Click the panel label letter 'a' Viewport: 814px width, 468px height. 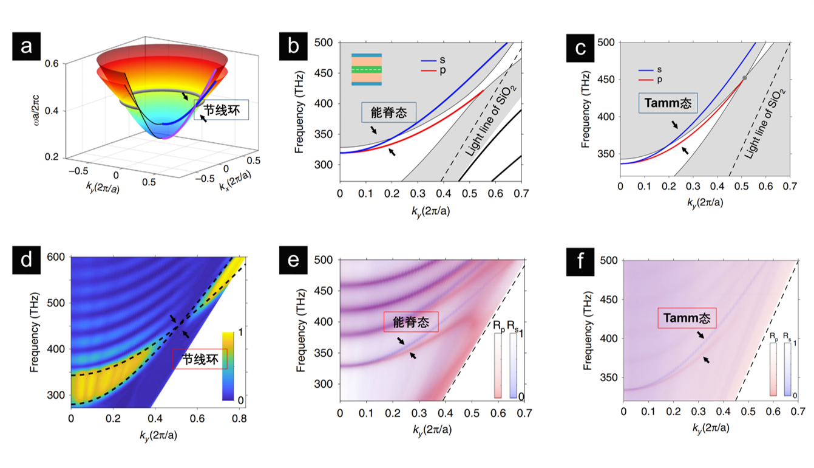26,46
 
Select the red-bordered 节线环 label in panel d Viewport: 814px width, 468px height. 200,359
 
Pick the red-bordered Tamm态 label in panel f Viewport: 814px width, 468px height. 687,317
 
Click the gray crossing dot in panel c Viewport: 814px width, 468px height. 745,78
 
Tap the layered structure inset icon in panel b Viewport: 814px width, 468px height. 366,70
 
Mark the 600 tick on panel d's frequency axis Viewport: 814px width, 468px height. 58,257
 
